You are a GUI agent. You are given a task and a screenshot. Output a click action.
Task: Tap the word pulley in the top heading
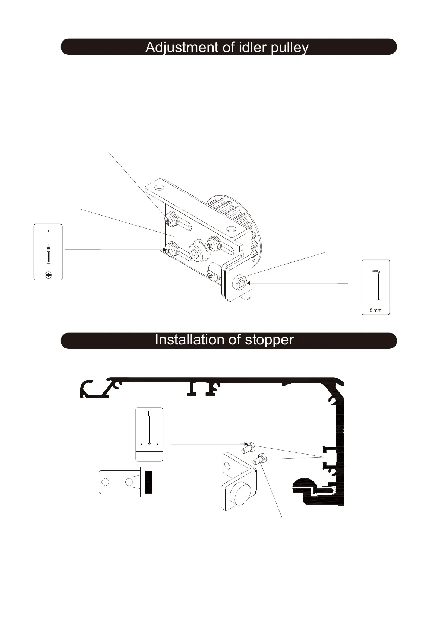pos(290,48)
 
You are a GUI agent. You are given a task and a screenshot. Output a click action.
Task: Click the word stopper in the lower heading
pos(269,340)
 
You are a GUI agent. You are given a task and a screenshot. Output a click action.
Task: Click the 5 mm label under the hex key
pos(375,310)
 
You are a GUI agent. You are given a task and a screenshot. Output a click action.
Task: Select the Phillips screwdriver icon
pos(48,247)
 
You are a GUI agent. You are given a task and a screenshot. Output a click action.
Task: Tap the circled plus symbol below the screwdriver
pos(48,275)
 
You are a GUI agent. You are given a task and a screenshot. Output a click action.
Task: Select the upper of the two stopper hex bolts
pos(248,448)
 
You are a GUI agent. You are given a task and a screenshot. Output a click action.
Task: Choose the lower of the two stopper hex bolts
pos(259,459)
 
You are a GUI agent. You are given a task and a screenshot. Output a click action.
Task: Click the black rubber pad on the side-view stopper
pos(149,482)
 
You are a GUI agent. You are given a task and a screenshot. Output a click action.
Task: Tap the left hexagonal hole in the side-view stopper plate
pos(106,482)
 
